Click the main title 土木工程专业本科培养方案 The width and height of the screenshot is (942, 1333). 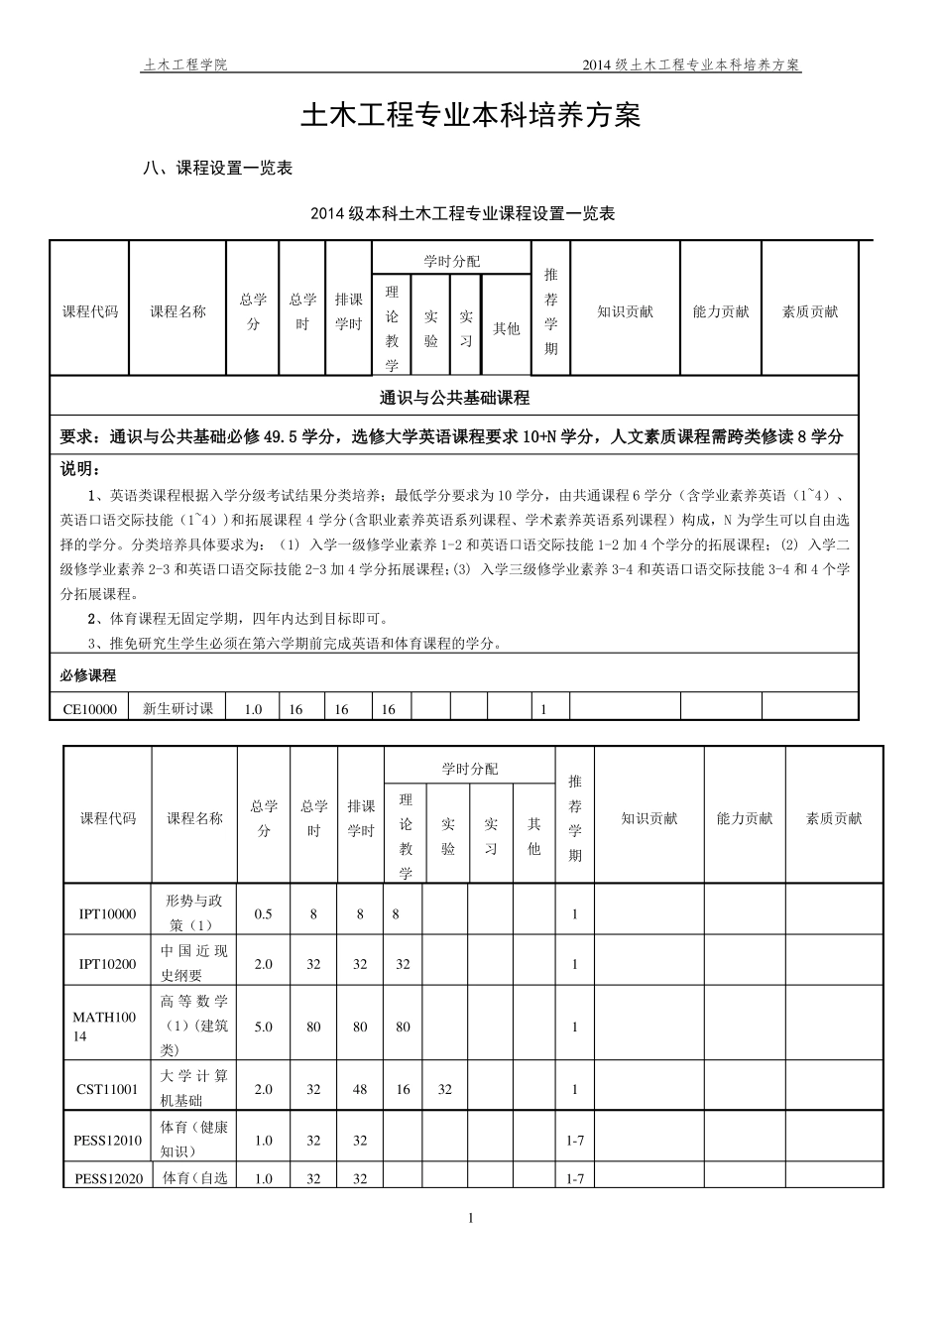pos(471,116)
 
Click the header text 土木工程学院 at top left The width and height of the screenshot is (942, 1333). pos(185,65)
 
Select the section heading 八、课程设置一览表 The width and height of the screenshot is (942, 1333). pos(218,169)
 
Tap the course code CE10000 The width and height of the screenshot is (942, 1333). pos(90,709)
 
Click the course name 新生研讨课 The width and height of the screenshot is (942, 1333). pos(178,708)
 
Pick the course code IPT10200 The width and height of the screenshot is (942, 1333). pos(107,964)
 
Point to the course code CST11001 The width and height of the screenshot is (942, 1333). pos(107,1089)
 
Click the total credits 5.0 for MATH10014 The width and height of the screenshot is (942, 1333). pos(263,1027)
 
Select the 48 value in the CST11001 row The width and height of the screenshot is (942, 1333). pos(360,1089)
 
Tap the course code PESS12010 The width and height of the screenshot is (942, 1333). pos(107,1141)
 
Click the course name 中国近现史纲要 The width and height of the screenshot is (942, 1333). pos(194,963)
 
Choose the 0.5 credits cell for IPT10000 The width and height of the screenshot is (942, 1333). pos(263,914)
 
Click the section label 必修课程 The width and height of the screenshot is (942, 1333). pos(88,675)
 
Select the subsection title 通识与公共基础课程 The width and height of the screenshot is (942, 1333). pos(455,399)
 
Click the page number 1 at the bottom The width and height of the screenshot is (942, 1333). pos(471,1218)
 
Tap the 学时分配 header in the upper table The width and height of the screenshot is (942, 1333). pos(451,261)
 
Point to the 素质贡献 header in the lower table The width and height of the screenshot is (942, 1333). pos(834,819)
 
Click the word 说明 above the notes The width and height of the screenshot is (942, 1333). pos(79,468)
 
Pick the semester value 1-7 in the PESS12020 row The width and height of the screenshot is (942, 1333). pos(574,1178)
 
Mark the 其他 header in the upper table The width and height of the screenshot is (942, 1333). pos(506,328)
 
